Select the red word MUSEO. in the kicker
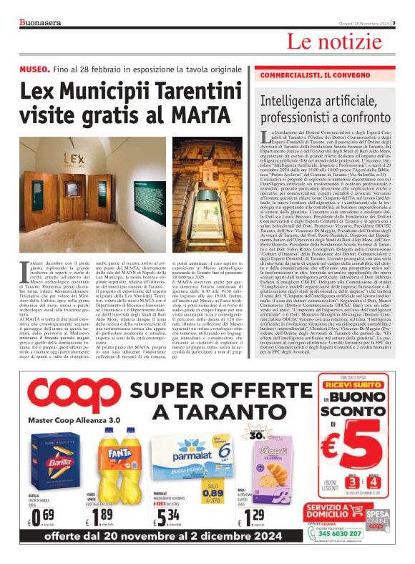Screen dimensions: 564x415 tap(34, 69)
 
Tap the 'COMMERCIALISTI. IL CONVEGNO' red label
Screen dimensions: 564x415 tap(310, 75)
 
